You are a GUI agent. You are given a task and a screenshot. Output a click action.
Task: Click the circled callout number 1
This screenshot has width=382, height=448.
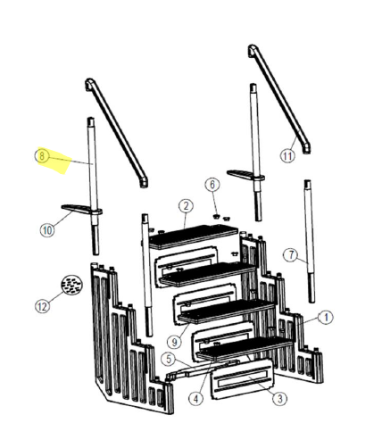click(326, 317)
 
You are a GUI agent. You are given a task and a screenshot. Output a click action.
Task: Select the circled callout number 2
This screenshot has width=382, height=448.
click(185, 206)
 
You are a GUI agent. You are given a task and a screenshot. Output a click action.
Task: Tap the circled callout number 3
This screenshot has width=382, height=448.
click(278, 399)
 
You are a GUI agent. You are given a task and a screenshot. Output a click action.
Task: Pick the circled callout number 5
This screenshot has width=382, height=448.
click(168, 359)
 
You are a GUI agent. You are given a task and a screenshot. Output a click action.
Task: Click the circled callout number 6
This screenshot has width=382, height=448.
click(212, 184)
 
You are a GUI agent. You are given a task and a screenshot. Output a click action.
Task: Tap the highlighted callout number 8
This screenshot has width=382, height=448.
click(42, 155)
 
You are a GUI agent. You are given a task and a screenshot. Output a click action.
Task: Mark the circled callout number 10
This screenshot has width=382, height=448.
click(46, 229)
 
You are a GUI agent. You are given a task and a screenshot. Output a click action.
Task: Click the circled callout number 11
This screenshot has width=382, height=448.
click(286, 155)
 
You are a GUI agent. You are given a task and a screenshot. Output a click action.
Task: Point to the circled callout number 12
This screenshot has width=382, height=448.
click(41, 305)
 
